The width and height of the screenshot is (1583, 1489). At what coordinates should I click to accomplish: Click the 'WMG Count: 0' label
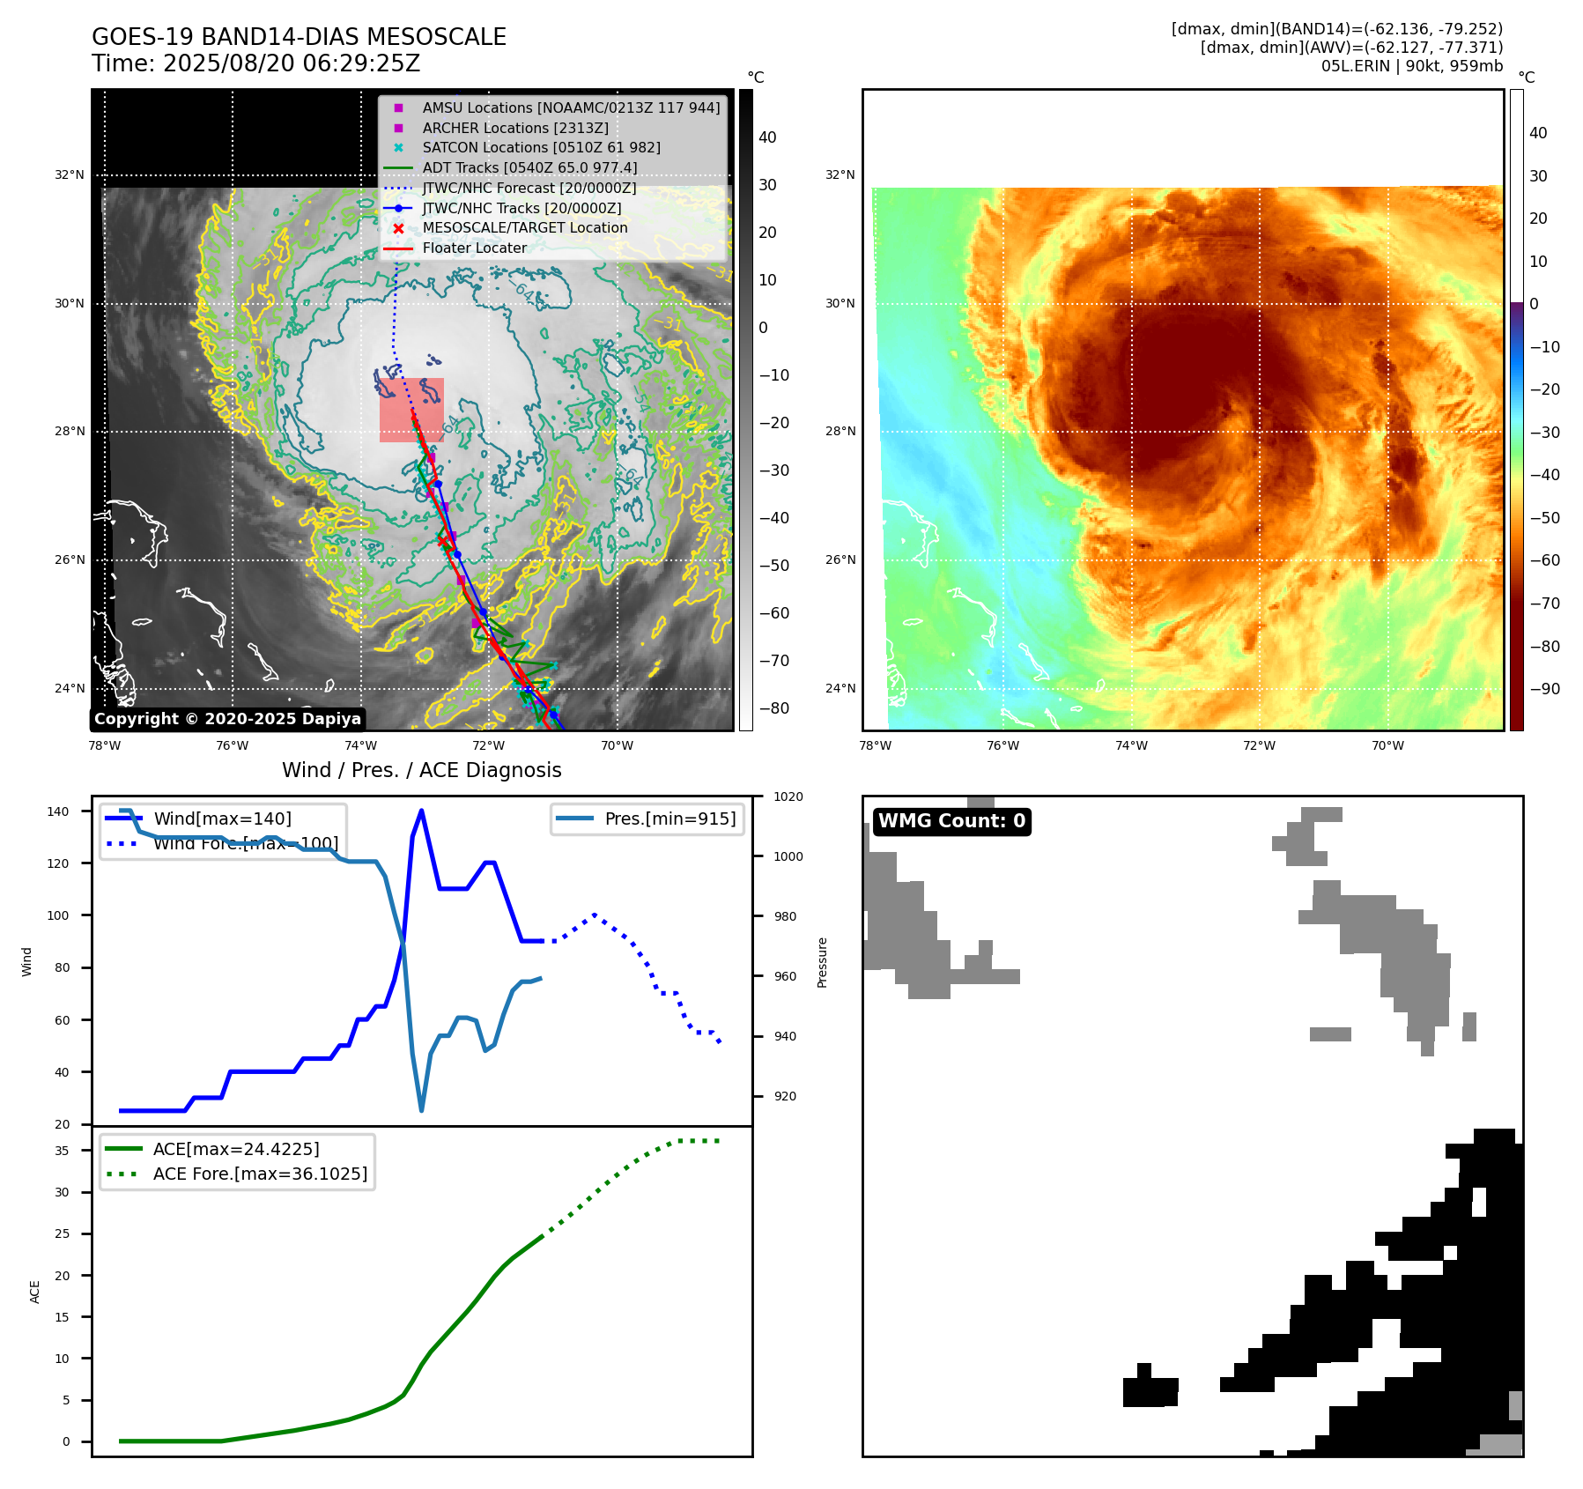[951, 821]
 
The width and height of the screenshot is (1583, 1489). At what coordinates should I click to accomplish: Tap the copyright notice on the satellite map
[227, 719]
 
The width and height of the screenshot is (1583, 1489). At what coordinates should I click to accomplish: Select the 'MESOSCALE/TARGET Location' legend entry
[524, 228]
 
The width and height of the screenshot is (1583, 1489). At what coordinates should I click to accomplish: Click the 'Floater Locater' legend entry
[474, 248]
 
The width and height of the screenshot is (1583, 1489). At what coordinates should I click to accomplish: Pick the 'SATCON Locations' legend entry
[541, 148]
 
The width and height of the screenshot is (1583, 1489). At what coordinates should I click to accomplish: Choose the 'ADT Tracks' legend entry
[529, 168]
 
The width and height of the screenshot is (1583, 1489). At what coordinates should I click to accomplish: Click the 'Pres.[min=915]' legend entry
[669, 819]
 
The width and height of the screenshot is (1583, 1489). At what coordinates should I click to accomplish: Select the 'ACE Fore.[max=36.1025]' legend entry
[260, 1174]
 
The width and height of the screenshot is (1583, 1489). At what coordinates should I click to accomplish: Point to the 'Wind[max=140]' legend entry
[222, 819]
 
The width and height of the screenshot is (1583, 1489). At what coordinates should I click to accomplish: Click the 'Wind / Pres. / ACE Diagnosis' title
[421, 771]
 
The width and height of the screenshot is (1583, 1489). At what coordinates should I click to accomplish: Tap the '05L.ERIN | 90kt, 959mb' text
[1411, 66]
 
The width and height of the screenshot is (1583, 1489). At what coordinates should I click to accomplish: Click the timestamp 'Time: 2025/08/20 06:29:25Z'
[255, 64]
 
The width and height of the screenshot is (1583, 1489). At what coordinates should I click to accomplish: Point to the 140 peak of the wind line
[421, 811]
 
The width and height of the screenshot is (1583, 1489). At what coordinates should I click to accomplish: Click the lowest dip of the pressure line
[421, 1110]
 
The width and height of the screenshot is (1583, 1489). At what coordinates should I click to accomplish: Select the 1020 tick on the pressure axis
[788, 797]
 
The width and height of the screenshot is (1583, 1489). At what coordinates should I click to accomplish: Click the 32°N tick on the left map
[70, 175]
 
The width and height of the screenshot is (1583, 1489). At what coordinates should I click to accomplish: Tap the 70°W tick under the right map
[1387, 746]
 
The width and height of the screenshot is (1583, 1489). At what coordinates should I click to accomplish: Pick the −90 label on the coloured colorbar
[1544, 689]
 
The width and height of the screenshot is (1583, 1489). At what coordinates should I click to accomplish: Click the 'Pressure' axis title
[822, 962]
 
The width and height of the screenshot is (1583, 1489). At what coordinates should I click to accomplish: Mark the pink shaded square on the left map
[411, 410]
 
